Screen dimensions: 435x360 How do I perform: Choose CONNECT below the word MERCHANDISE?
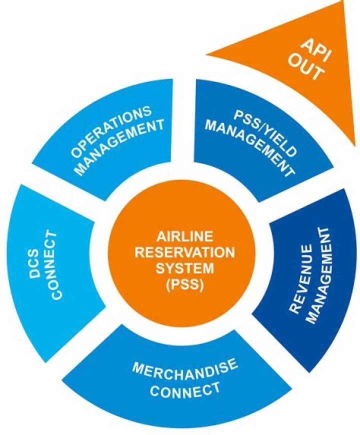click(x=184, y=389)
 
